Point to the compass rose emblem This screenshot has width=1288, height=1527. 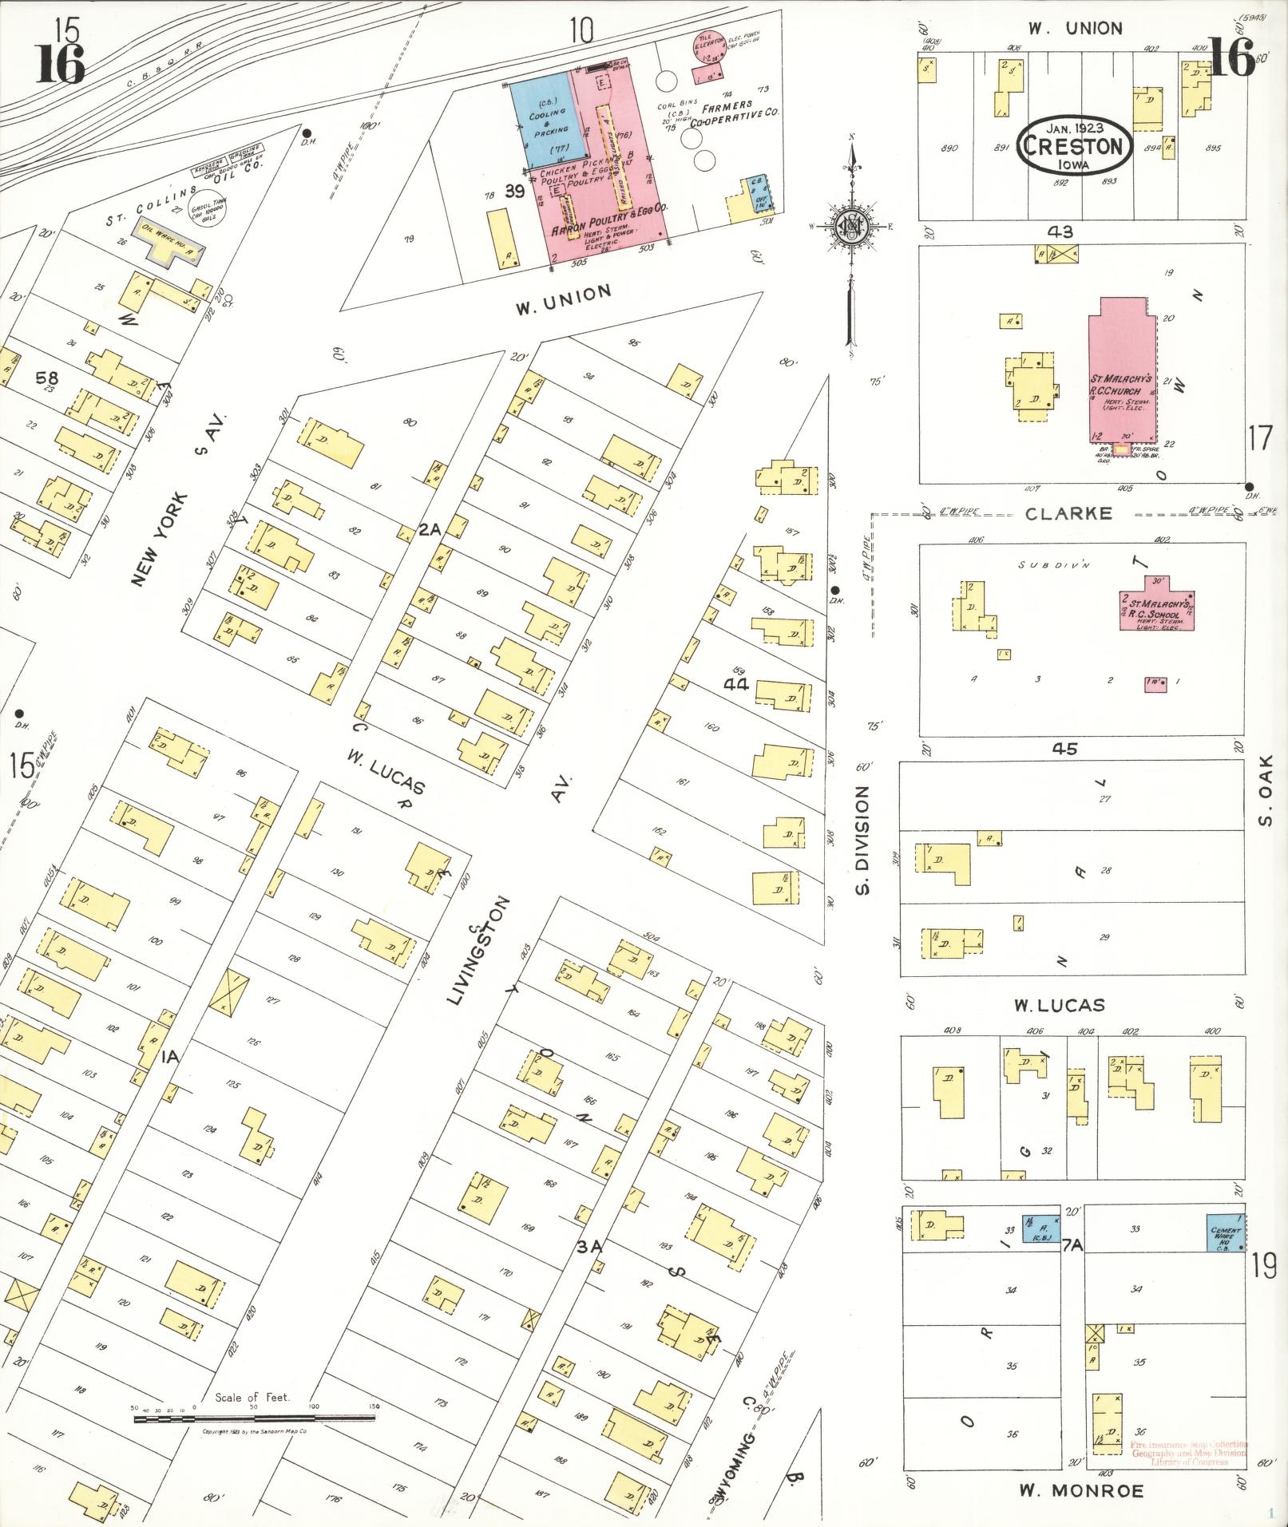852,227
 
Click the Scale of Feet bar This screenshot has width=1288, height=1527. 254,1418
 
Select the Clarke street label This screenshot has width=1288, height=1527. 1068,513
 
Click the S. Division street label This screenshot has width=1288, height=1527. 862,839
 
